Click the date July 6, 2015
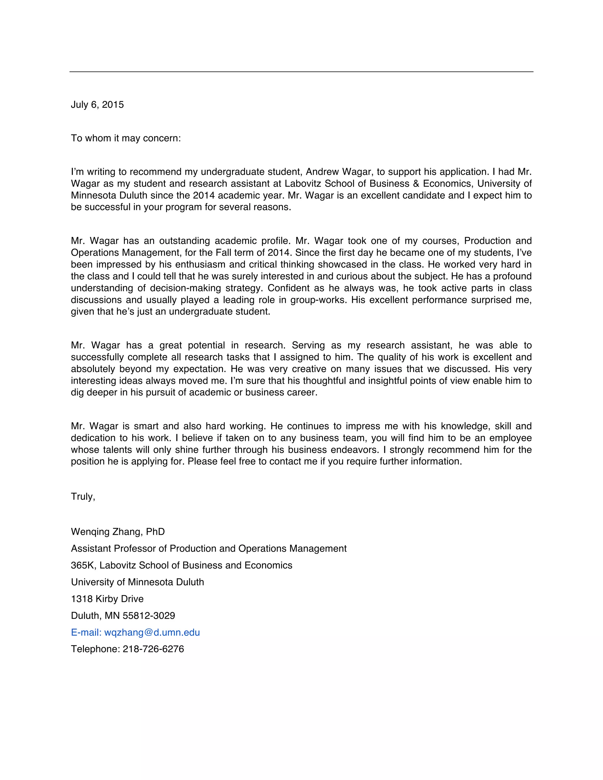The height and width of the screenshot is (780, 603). click(97, 105)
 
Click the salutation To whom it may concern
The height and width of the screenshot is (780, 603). click(126, 138)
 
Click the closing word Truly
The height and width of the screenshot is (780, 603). click(83, 497)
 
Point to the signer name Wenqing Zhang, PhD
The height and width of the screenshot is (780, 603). click(118, 532)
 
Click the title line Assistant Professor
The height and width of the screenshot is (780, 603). click(209, 549)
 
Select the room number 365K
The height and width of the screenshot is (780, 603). click(83, 565)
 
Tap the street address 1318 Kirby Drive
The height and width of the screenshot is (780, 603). click(107, 599)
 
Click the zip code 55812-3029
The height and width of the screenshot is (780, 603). click(149, 616)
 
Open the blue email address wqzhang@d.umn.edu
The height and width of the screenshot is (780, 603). click(152, 633)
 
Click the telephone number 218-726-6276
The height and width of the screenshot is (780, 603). click(153, 649)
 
